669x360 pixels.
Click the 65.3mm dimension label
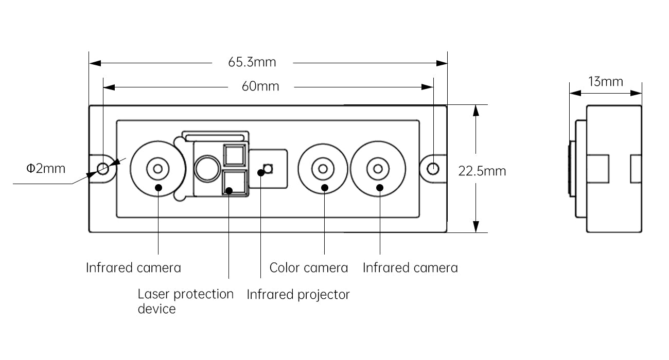(252, 62)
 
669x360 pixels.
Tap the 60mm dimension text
(260, 86)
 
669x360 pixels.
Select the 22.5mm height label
(482, 171)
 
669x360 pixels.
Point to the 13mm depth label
(605, 81)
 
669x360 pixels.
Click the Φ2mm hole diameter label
(46, 169)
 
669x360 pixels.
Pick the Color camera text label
(309, 268)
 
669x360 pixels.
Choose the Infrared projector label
(298, 295)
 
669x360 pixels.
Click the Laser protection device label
(185, 301)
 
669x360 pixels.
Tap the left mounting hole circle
(103, 169)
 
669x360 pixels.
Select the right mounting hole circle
(433, 169)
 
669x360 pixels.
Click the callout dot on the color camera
(325, 188)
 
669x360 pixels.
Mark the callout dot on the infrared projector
(261, 172)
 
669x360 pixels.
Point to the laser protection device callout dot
(229, 191)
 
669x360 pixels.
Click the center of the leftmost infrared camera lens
(157, 169)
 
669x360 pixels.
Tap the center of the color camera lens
(323, 169)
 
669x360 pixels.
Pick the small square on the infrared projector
(268, 169)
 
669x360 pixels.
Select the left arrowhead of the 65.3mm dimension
(95, 63)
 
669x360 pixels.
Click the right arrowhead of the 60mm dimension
(427, 87)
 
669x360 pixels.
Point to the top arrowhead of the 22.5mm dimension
(476, 111)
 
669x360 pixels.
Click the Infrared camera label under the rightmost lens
(410, 268)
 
